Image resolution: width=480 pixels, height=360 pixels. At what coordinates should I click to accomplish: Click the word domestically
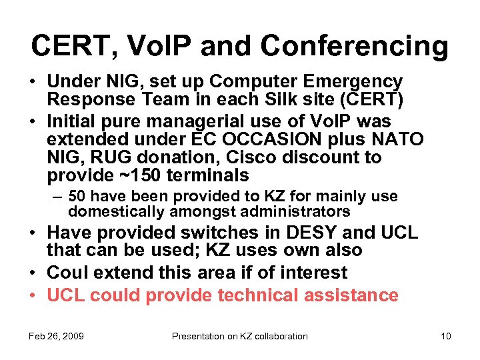tap(109, 212)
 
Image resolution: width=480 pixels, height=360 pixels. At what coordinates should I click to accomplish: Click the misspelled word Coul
tap(69, 273)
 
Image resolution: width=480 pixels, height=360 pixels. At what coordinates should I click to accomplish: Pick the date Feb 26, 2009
tap(56, 336)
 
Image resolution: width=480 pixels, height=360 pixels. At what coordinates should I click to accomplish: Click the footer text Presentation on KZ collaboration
tap(240, 336)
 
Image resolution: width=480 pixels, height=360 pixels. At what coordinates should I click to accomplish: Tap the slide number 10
tap(445, 336)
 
